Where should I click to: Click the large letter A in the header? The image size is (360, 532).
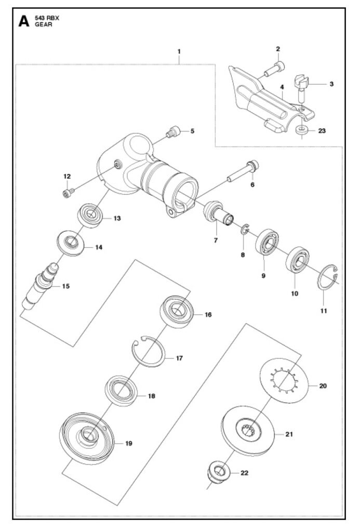click(x=24, y=21)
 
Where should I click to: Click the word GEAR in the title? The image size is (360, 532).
click(x=44, y=25)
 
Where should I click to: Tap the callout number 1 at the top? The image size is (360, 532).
click(x=179, y=51)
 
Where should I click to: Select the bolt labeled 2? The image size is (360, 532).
click(x=274, y=69)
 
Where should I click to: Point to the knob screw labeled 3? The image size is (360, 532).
click(x=301, y=85)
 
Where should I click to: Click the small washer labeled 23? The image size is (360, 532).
click(x=301, y=130)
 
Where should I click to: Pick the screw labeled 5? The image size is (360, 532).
click(x=173, y=132)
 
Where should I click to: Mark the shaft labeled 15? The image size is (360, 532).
click(x=40, y=286)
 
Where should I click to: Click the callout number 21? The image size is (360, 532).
click(x=289, y=434)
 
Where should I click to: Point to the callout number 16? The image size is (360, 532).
click(x=208, y=314)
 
